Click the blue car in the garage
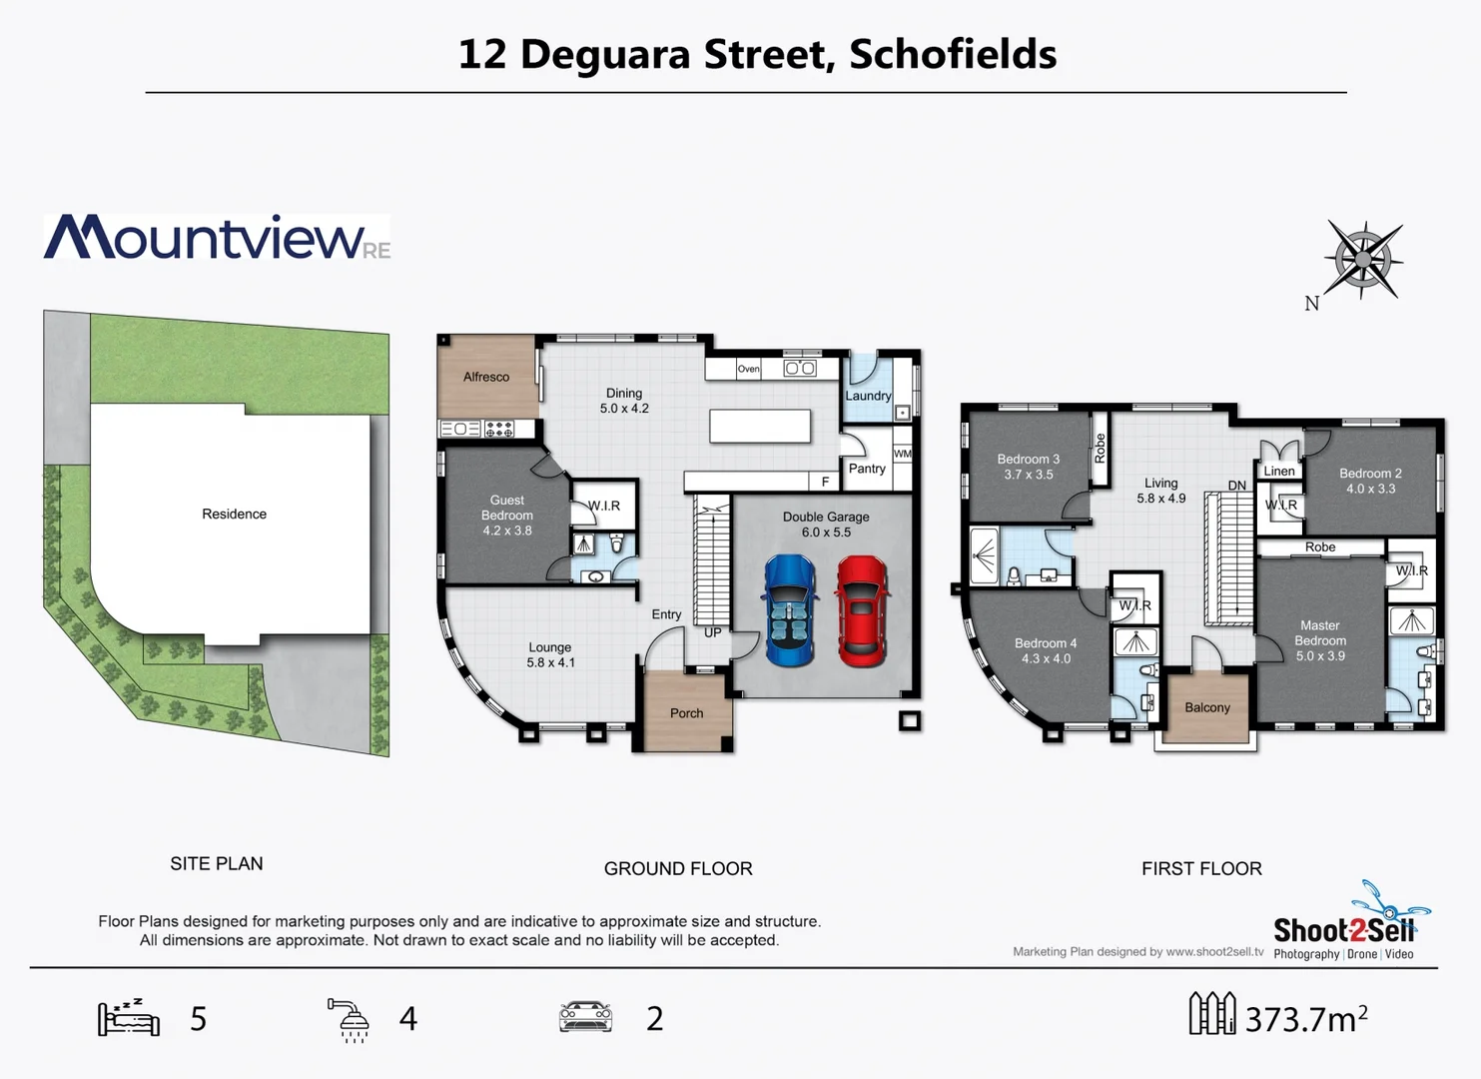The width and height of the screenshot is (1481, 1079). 789,610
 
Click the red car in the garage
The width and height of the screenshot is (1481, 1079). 862,610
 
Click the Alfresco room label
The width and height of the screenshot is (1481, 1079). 486,377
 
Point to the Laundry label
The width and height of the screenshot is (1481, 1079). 868,396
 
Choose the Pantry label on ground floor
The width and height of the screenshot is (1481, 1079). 866,469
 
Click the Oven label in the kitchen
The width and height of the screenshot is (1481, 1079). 749,369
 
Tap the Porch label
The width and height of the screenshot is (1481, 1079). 686,713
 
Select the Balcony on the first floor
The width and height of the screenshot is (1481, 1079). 1206,707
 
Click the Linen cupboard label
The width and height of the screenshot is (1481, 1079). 1279,472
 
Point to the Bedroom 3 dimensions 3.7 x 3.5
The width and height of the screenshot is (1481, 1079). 1028,475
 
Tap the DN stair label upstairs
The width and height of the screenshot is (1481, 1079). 1236,486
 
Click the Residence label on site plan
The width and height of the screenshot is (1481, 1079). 234,514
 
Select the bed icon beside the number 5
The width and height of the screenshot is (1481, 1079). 129,1017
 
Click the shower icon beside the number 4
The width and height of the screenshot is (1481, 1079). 350,1019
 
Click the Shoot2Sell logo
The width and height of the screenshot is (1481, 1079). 1344,930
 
